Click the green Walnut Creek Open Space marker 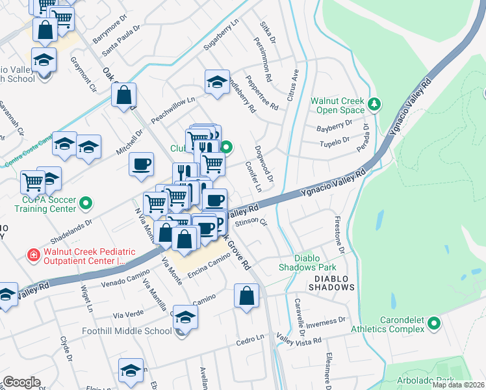(x=374, y=103)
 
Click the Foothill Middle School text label (x=127, y=331)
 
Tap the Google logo (x=21, y=382)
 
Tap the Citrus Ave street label (x=295, y=85)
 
